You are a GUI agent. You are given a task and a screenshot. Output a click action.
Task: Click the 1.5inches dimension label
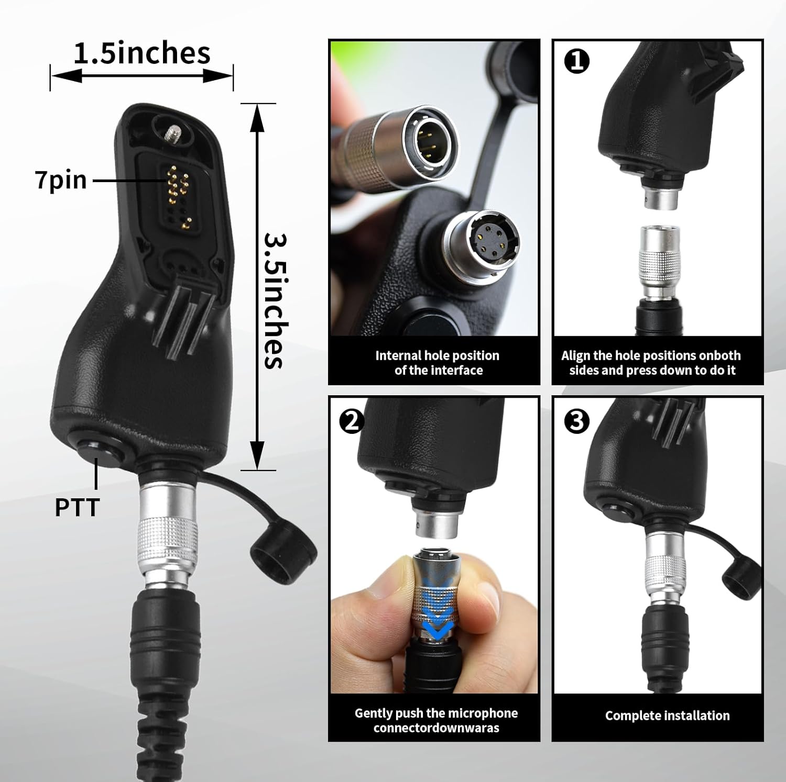pyautogui.click(x=141, y=53)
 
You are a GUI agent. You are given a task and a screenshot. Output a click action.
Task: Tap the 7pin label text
pyautogui.click(x=61, y=180)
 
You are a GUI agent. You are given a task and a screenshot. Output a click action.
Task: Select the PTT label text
pyautogui.click(x=77, y=507)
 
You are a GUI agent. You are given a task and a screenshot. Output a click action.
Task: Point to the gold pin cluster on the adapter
pyautogui.click(x=177, y=188)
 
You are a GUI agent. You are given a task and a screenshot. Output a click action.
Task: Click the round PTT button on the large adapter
pyautogui.click(x=100, y=451)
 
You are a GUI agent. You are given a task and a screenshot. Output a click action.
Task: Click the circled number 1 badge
pyautogui.click(x=577, y=62)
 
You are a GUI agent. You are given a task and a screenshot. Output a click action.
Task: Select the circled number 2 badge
pyautogui.click(x=352, y=421)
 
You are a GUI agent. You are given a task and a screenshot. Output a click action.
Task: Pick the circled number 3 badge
pyautogui.click(x=577, y=421)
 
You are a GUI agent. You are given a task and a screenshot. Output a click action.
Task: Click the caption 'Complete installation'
pyautogui.click(x=667, y=716)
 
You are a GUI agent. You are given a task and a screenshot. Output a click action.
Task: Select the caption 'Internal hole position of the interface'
pyautogui.click(x=437, y=363)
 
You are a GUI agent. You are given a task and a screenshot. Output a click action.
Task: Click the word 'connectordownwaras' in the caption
pyautogui.click(x=436, y=728)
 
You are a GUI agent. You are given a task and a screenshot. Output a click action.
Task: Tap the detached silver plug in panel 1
pyautogui.click(x=659, y=264)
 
